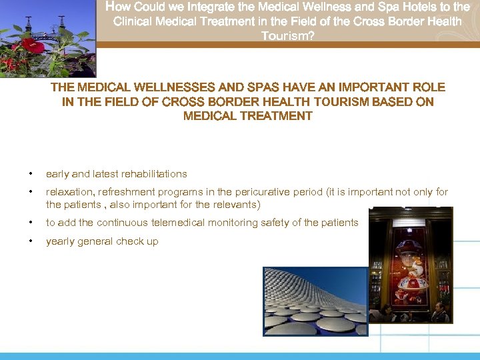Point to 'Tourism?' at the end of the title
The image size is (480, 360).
pyautogui.click(x=287, y=35)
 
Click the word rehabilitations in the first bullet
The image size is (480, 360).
pyautogui.click(x=154, y=174)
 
